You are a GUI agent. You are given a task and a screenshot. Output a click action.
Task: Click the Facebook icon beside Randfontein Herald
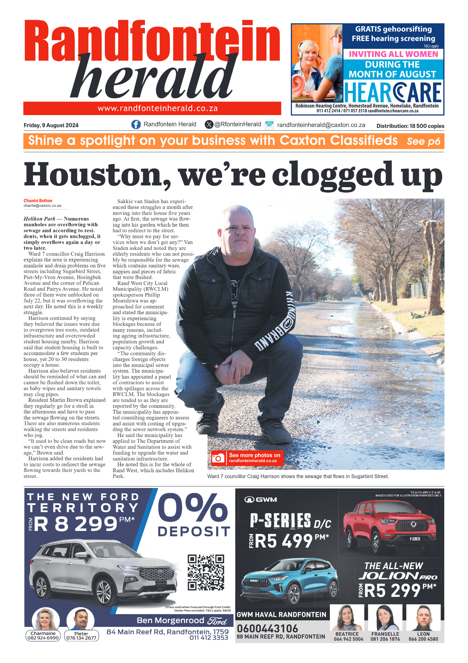point(136,124)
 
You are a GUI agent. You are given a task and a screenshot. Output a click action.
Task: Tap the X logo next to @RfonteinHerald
point(209,124)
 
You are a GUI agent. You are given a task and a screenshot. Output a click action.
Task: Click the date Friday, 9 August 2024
point(51,125)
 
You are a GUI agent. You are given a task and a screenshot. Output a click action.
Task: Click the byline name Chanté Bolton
point(38,201)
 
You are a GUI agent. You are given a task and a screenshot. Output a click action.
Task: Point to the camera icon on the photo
point(218,458)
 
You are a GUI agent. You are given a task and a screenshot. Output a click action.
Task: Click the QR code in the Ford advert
point(205,572)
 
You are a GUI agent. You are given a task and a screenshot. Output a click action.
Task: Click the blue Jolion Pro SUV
point(289,579)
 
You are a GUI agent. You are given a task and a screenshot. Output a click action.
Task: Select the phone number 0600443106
point(267,628)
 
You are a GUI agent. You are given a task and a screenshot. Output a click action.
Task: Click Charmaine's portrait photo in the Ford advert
point(46,619)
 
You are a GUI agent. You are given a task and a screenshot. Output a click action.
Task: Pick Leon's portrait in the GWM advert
point(423,618)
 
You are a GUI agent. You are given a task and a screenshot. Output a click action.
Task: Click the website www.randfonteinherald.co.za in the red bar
point(157,109)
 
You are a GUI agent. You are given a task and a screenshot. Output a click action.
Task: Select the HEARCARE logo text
point(392,92)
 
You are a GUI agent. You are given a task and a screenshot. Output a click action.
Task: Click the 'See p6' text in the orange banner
point(423,141)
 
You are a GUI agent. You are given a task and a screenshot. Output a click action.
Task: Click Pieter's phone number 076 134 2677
point(81,638)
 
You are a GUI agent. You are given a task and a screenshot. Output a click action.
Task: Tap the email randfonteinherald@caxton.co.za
point(321,125)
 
